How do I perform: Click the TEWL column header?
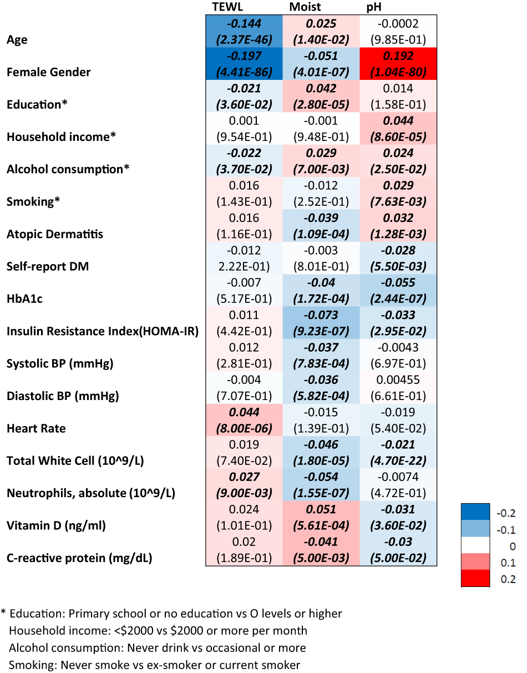click(x=229, y=7)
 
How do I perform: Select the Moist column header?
click(x=305, y=7)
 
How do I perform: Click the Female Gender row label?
click(x=49, y=72)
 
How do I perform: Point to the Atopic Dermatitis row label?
click(x=55, y=234)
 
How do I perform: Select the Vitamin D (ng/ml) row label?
click(x=56, y=525)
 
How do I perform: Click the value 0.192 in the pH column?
click(x=398, y=57)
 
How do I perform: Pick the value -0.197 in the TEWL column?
click(x=244, y=57)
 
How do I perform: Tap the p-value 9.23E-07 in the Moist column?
click(x=321, y=332)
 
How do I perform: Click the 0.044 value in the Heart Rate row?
click(x=244, y=412)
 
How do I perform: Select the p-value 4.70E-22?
click(x=398, y=461)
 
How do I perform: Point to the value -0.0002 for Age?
click(x=398, y=24)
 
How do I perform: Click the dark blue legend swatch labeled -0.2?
click(x=475, y=512)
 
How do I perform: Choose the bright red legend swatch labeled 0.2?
click(x=475, y=579)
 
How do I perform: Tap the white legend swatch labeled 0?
click(x=475, y=545)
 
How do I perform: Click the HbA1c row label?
click(x=25, y=299)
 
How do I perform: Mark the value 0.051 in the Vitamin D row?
click(x=321, y=510)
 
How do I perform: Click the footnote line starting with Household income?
click(x=158, y=631)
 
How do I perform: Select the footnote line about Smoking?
click(x=155, y=665)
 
